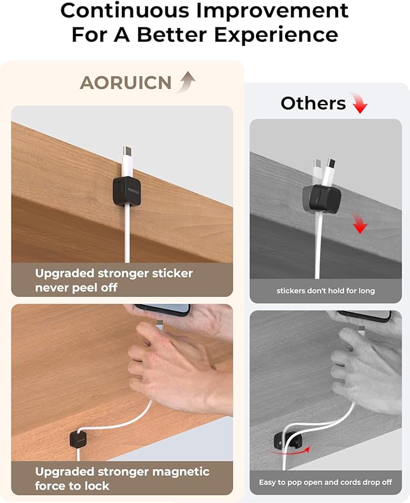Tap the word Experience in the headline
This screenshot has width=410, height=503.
coord(276,34)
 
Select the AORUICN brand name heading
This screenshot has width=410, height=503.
coord(126,83)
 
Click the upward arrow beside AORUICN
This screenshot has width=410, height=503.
coord(186,82)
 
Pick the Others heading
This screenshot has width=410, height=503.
coord(313,103)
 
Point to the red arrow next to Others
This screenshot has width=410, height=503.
coord(359,103)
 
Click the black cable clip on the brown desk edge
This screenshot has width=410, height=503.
coord(127,191)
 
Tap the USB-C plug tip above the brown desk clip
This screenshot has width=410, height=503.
coord(127,151)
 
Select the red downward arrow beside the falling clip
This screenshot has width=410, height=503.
coord(360,224)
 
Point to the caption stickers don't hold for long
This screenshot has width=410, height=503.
coord(325,291)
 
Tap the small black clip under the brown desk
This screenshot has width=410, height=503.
coord(78,439)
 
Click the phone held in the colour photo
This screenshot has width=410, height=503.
coord(162,310)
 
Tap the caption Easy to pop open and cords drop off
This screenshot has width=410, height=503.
coord(325,482)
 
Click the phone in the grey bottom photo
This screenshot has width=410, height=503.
coord(365,315)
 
